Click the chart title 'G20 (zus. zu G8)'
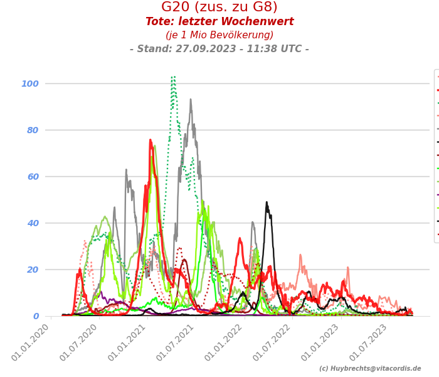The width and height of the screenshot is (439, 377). (x=219, y=8)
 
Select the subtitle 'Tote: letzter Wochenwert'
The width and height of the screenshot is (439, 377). (x=219, y=22)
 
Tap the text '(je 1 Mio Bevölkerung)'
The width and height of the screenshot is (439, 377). (x=219, y=35)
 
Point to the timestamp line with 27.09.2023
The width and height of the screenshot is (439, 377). (x=219, y=49)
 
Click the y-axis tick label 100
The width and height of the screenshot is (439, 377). (x=30, y=84)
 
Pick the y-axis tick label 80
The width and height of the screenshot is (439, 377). (x=33, y=130)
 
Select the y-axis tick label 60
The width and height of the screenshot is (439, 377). (x=33, y=177)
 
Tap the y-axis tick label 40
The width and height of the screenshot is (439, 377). (x=33, y=223)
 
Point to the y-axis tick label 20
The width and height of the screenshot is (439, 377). (x=33, y=270)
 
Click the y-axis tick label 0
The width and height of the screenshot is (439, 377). (x=36, y=316)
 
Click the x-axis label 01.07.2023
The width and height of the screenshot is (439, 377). (x=371, y=342)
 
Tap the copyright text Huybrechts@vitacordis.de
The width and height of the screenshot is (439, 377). (x=370, y=369)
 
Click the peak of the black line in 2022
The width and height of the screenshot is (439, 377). (x=267, y=202)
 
